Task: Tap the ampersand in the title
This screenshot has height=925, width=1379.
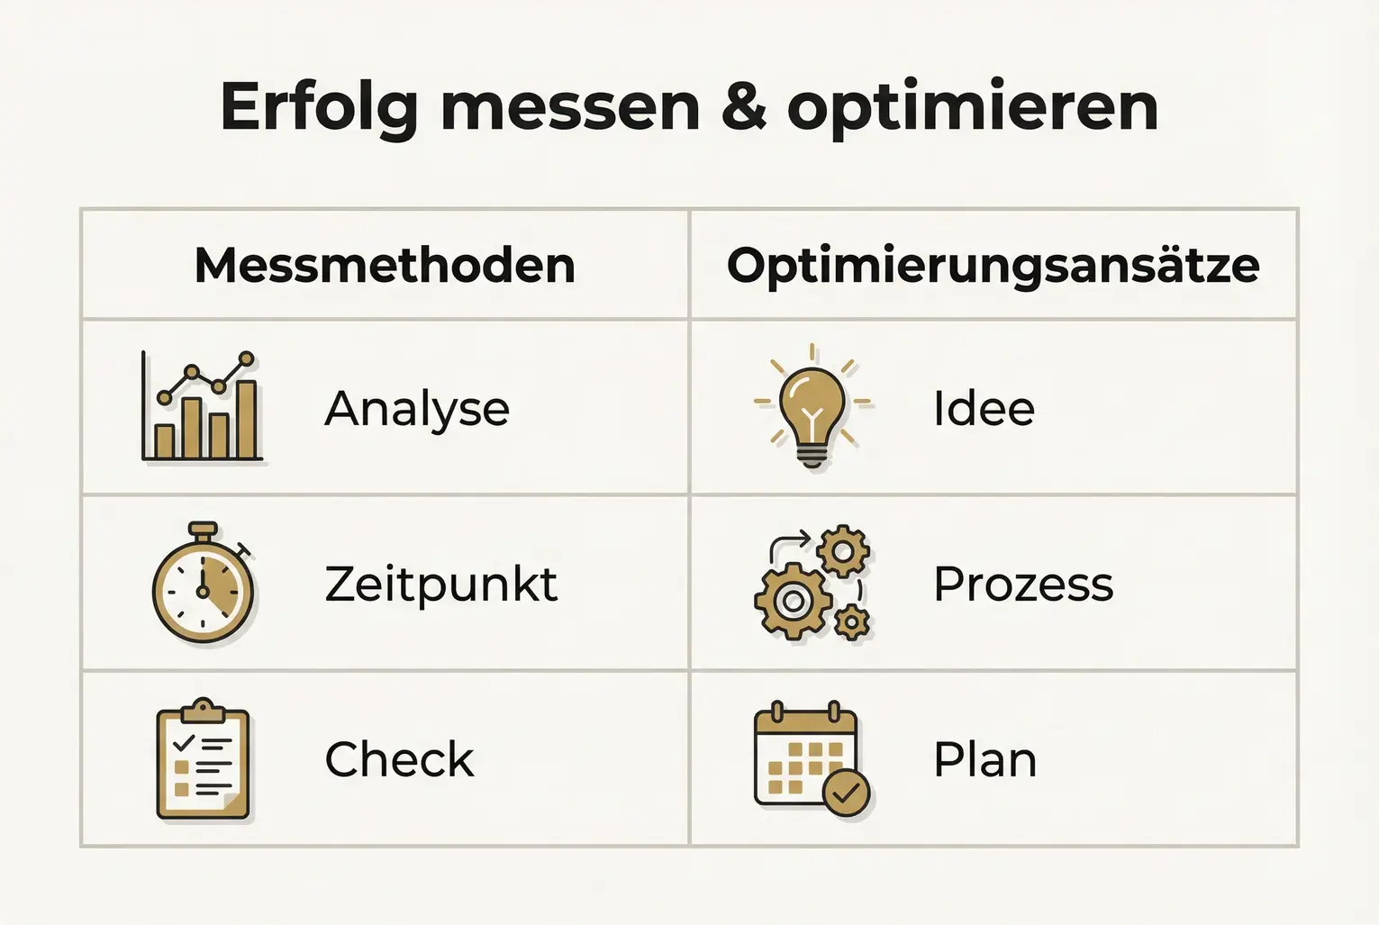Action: [744, 108]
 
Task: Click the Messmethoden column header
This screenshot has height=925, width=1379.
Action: [385, 266]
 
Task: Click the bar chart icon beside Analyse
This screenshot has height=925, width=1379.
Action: [203, 407]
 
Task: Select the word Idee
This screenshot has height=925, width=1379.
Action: [984, 409]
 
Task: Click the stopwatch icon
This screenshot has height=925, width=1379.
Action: [203, 585]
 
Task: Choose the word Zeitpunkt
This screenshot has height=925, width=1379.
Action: [441, 585]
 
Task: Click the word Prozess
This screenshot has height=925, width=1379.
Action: [1023, 585]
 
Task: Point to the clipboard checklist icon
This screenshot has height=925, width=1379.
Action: [203, 761]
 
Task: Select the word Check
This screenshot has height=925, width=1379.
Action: [399, 760]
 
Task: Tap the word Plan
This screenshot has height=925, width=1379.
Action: [984, 760]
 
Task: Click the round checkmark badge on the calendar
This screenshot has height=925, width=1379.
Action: [847, 793]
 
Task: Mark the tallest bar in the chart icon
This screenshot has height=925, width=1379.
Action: [246, 420]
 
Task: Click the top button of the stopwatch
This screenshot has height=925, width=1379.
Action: [203, 529]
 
